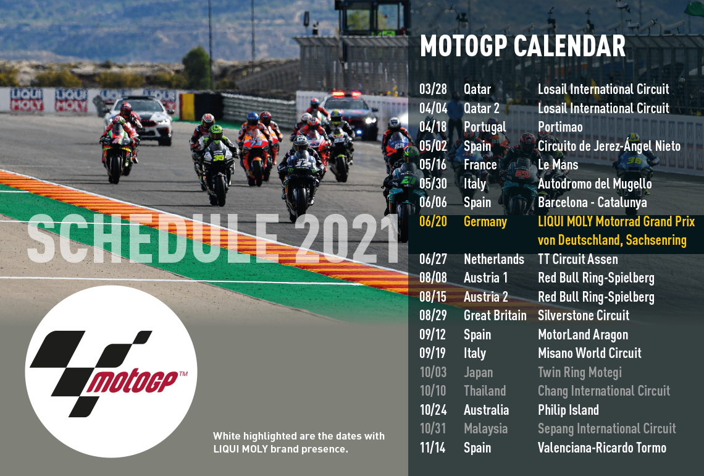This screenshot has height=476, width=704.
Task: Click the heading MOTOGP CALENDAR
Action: (522, 46)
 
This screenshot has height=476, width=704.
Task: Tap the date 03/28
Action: (434, 89)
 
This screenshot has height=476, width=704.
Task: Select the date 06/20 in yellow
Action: (434, 221)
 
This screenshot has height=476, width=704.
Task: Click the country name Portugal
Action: (485, 127)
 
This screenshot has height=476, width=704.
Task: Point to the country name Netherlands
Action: (494, 259)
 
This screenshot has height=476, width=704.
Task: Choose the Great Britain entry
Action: (495, 315)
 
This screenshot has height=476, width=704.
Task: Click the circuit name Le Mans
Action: (558, 164)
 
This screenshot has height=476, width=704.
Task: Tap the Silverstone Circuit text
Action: (584, 315)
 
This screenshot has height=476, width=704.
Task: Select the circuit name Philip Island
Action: (568, 410)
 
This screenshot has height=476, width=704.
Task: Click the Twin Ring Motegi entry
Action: (580, 373)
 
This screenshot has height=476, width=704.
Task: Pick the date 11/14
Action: (432, 448)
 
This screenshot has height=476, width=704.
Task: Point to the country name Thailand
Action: (485, 391)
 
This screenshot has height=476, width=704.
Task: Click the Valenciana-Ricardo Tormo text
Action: (602, 448)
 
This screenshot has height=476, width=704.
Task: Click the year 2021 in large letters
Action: (346, 238)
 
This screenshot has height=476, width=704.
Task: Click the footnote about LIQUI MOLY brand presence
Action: (298, 442)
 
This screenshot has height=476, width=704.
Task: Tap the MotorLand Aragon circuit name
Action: (583, 335)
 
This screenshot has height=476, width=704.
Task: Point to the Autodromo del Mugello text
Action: (595, 184)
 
